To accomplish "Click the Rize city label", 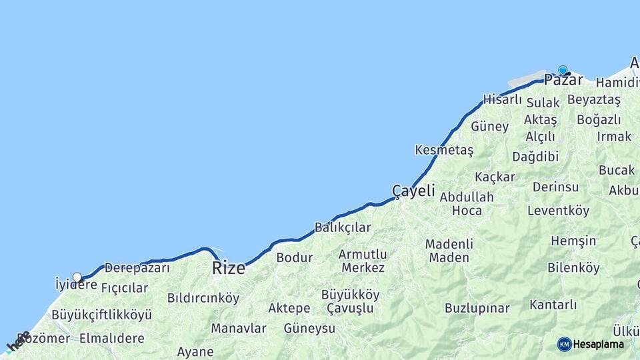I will tap(229, 269).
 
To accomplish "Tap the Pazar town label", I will tap(563, 81).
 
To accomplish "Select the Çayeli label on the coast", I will tap(413, 191).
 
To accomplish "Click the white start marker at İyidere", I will tap(77, 277).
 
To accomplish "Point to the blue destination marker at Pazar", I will tap(563, 70).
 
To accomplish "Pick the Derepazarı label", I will tap(137, 268).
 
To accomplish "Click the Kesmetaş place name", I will tap(443, 150).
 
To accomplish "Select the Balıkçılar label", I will tap(342, 227).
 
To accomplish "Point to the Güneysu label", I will tap(309, 328).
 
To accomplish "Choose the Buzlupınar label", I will tap(477, 308).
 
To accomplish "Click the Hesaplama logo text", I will tap(599, 344).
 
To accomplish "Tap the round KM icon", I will tap(564, 344).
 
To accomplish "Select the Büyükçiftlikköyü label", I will tap(101, 314).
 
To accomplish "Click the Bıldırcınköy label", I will tap(203, 298).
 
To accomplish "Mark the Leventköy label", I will tap(558, 211).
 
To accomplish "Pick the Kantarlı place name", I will tap(553, 305).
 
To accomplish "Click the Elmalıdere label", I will tap(111, 338).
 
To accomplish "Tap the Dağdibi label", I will tap(535, 157).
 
